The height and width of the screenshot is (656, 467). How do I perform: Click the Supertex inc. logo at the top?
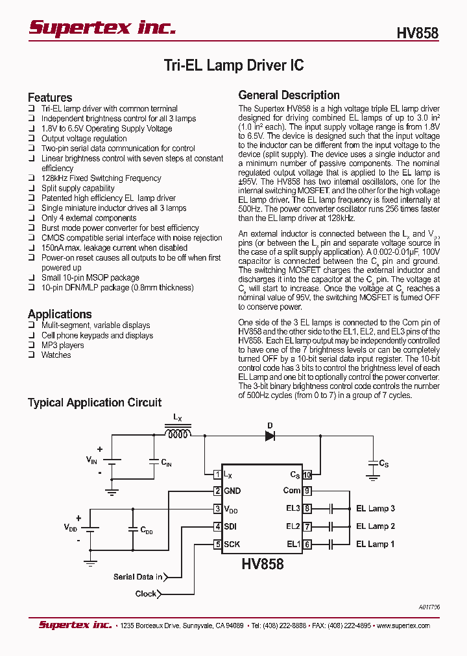[x=102, y=27]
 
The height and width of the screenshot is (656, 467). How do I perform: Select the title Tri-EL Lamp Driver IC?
[x=233, y=65]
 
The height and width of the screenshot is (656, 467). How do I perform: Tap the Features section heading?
[x=50, y=97]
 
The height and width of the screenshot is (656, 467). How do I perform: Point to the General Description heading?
[x=289, y=95]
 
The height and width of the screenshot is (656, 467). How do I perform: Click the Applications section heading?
[x=60, y=314]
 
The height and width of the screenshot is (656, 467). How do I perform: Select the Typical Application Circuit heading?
[x=94, y=403]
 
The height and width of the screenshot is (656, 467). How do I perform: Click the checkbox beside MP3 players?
[x=31, y=346]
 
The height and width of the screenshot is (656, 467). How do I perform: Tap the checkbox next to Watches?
[x=31, y=355]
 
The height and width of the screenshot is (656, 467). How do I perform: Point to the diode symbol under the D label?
[x=270, y=436]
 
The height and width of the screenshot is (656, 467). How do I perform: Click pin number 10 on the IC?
[x=307, y=474]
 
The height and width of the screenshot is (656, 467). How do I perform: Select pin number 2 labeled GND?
[x=218, y=491]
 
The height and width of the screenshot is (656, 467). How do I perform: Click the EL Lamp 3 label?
[x=375, y=509]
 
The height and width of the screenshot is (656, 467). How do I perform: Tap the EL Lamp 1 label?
[x=375, y=545]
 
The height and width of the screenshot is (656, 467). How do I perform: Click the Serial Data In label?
[x=138, y=577]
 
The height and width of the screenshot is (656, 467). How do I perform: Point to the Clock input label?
[x=146, y=594]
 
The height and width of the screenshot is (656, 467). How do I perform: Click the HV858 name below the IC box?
[x=263, y=564]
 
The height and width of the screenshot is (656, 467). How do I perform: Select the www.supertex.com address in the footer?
[x=403, y=626]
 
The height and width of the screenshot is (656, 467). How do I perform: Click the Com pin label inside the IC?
[x=291, y=491]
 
